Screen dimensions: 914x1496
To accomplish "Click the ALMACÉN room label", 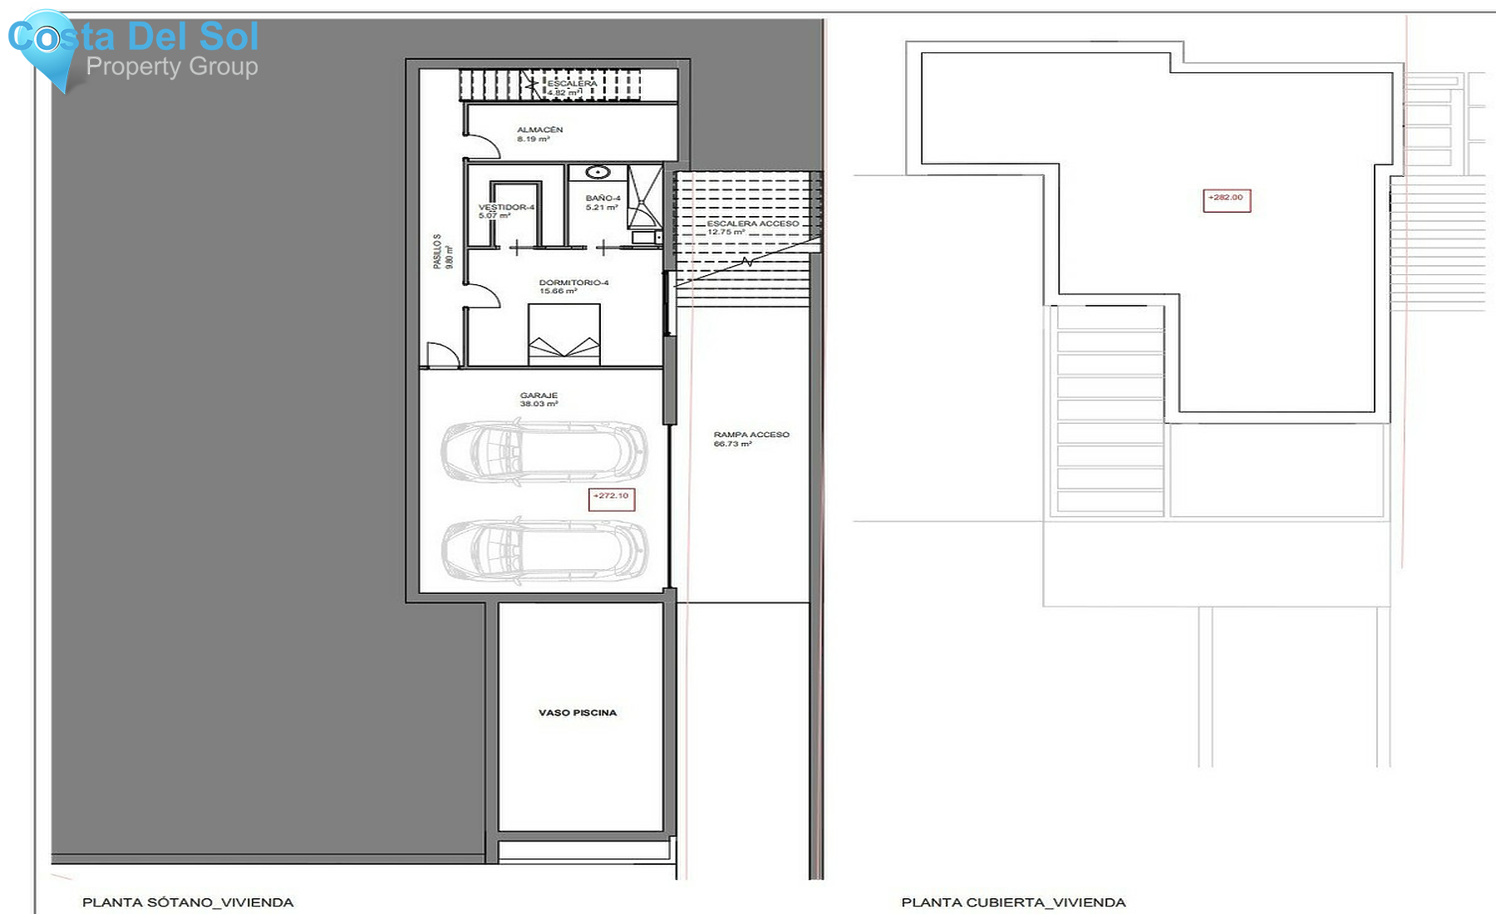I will pyautogui.click(x=539, y=130).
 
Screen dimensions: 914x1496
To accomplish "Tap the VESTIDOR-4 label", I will pyautogui.click(x=506, y=207).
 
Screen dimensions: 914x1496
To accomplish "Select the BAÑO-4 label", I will pyautogui.click(x=603, y=198).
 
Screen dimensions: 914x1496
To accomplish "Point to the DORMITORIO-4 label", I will pyautogui.click(x=573, y=283).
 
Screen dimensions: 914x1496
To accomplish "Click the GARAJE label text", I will pyautogui.click(x=539, y=396).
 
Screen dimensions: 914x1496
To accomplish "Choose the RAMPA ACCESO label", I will pyautogui.click(x=751, y=435).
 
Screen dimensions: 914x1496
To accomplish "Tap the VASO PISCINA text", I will pyautogui.click(x=578, y=713).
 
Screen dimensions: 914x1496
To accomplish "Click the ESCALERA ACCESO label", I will pyautogui.click(x=752, y=224).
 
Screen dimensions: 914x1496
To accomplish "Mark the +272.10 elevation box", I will pyautogui.click(x=612, y=498).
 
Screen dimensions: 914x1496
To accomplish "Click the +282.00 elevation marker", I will pyautogui.click(x=1227, y=199).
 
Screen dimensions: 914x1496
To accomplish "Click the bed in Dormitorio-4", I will pyautogui.click(x=564, y=334).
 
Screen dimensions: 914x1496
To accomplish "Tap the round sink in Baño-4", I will pyautogui.click(x=598, y=173).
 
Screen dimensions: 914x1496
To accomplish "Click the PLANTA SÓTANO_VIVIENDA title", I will pyautogui.click(x=188, y=902).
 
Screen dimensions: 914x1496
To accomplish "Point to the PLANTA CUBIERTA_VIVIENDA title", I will pyautogui.click(x=1013, y=902).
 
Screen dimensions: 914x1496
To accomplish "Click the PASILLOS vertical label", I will pyautogui.click(x=437, y=251).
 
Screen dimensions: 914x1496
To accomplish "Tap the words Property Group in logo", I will pyautogui.click(x=172, y=66).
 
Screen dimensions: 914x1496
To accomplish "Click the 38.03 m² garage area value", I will pyautogui.click(x=539, y=405).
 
